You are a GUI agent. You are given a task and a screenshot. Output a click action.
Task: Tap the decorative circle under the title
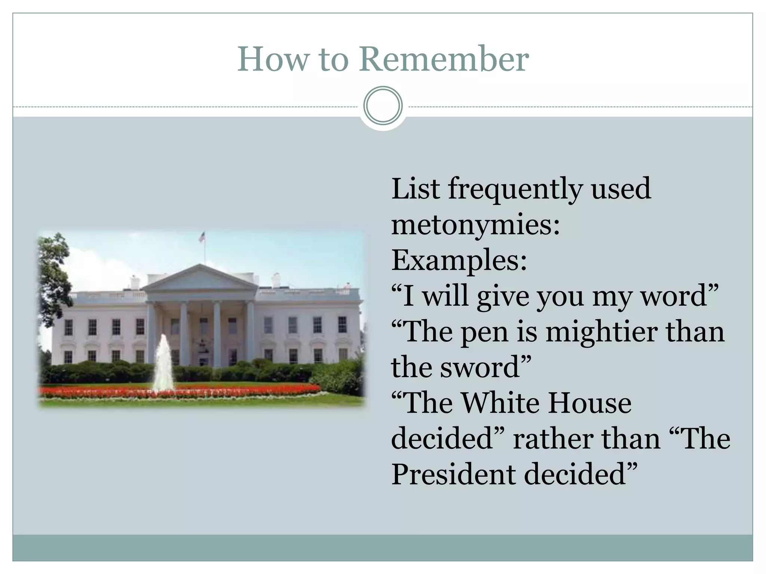coord(383,106)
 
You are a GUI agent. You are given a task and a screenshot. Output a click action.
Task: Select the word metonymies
coord(475,225)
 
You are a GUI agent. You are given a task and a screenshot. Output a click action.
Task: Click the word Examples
coord(459,260)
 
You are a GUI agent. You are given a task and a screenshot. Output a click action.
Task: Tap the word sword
coord(485,367)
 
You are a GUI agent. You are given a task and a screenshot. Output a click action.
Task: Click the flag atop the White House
coord(203,237)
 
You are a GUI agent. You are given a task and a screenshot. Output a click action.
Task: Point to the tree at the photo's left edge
coord(54,277)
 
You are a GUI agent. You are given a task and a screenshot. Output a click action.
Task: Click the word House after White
coord(590,404)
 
